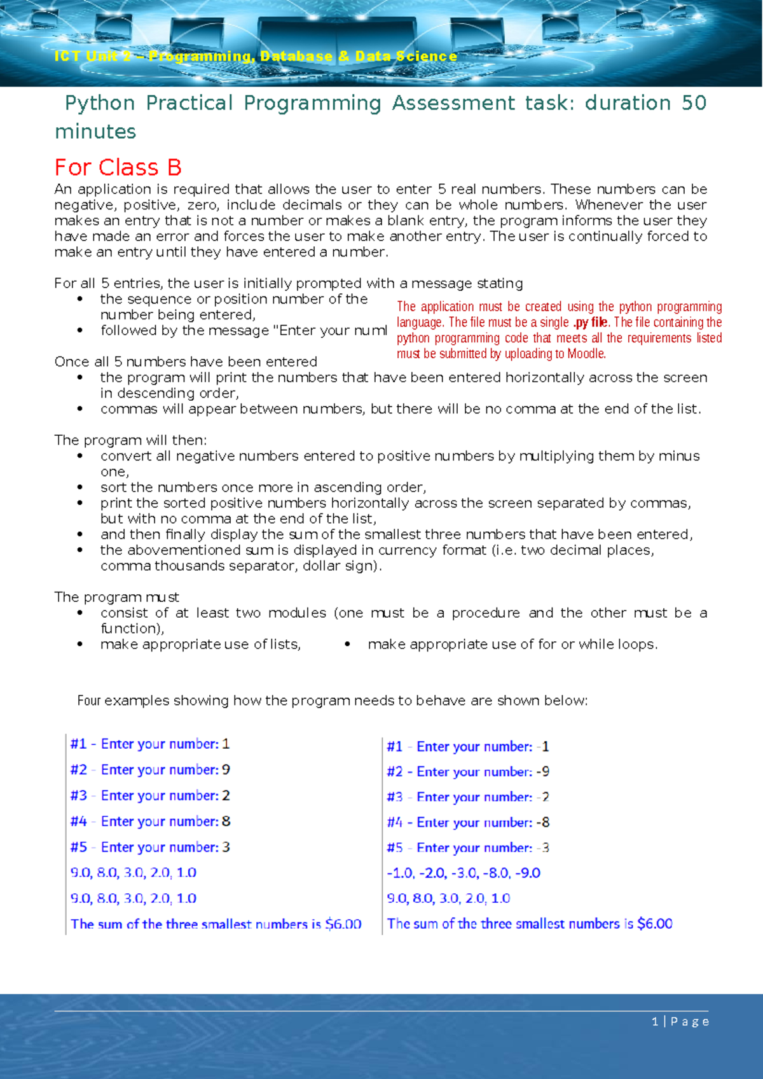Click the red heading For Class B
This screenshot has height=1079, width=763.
[118, 167]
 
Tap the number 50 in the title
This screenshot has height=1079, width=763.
[693, 103]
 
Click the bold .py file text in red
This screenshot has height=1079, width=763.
[591, 323]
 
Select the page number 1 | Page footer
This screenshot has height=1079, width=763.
[680, 1021]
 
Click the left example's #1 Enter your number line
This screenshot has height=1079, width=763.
[150, 744]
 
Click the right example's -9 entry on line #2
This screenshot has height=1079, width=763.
[543, 772]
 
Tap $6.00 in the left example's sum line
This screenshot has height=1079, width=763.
[343, 924]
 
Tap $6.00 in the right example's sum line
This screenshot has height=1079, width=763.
[655, 924]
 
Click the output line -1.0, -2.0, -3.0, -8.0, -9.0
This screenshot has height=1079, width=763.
[464, 873]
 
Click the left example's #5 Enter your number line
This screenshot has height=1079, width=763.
[150, 847]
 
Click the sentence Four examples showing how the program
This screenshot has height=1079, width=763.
[332, 700]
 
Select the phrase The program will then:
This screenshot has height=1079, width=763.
[130, 440]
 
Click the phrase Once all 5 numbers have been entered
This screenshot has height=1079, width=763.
[186, 362]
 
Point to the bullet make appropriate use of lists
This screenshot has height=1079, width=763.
[200, 644]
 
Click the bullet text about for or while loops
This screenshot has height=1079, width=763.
[512, 644]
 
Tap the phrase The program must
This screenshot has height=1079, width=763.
[117, 597]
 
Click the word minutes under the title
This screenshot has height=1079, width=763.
[95, 132]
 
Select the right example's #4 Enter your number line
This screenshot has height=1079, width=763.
[468, 823]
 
